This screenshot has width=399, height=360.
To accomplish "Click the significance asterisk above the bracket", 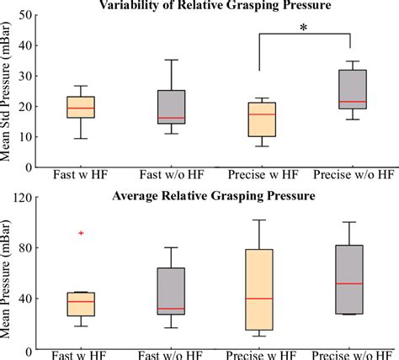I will click(x=304, y=28).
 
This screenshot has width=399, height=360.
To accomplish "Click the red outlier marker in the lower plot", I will click(x=80, y=233).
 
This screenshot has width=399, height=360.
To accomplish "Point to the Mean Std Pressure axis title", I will click(x=10, y=92).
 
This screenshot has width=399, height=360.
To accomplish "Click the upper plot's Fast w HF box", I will click(x=80, y=107).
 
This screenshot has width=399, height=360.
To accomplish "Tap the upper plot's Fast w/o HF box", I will click(x=171, y=107).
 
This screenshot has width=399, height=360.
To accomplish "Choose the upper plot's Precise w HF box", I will click(x=262, y=119).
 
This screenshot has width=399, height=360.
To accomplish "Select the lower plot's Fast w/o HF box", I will click(x=171, y=291).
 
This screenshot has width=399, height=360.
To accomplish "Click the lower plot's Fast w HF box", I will click(x=80, y=304).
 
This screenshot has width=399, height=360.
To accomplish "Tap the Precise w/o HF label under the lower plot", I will click(x=353, y=353).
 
